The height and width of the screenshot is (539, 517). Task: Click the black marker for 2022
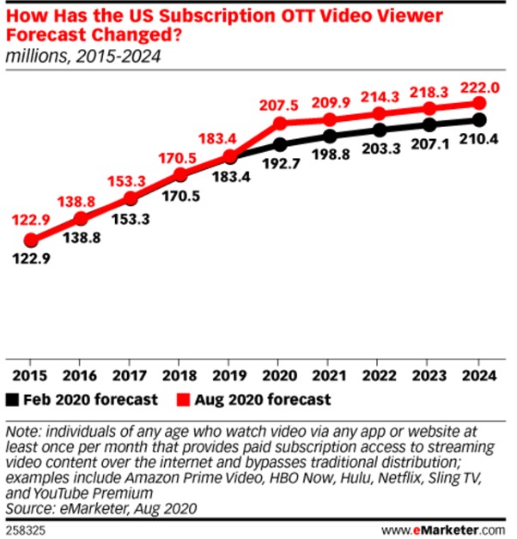(380, 130)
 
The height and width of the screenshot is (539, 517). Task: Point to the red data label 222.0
(479, 85)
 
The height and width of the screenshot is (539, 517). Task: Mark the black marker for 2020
(280, 143)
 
